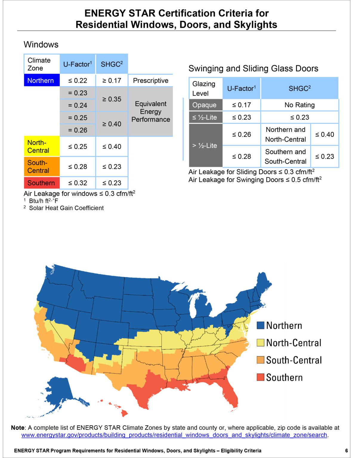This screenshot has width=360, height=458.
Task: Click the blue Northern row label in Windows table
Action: [42, 81]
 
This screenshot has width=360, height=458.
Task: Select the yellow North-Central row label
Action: [42, 146]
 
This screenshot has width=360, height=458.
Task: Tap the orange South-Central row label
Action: [42, 166]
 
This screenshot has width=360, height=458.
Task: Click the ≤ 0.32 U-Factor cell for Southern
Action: [78, 183]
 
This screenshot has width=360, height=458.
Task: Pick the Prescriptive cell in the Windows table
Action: [150, 81]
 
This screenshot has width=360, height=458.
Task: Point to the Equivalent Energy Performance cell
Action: [150, 112]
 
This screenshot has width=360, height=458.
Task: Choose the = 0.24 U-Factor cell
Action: [78, 105]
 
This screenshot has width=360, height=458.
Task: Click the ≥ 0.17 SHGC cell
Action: [112, 81]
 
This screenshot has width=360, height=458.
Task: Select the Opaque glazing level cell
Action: [206, 105]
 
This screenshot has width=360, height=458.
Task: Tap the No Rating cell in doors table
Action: [299, 105]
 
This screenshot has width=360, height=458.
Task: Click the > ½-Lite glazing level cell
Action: [206, 146]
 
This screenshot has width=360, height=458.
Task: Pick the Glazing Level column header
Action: [206, 88]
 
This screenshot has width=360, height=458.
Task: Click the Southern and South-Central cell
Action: [285, 157]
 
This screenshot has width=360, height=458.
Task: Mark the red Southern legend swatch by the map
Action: [260, 377]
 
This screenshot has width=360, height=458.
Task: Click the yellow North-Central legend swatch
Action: [260, 343]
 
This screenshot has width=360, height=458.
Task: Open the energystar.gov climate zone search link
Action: [174, 435]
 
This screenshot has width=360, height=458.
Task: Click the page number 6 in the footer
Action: [346, 451]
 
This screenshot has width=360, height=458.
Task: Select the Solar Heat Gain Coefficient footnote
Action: [66, 208]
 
